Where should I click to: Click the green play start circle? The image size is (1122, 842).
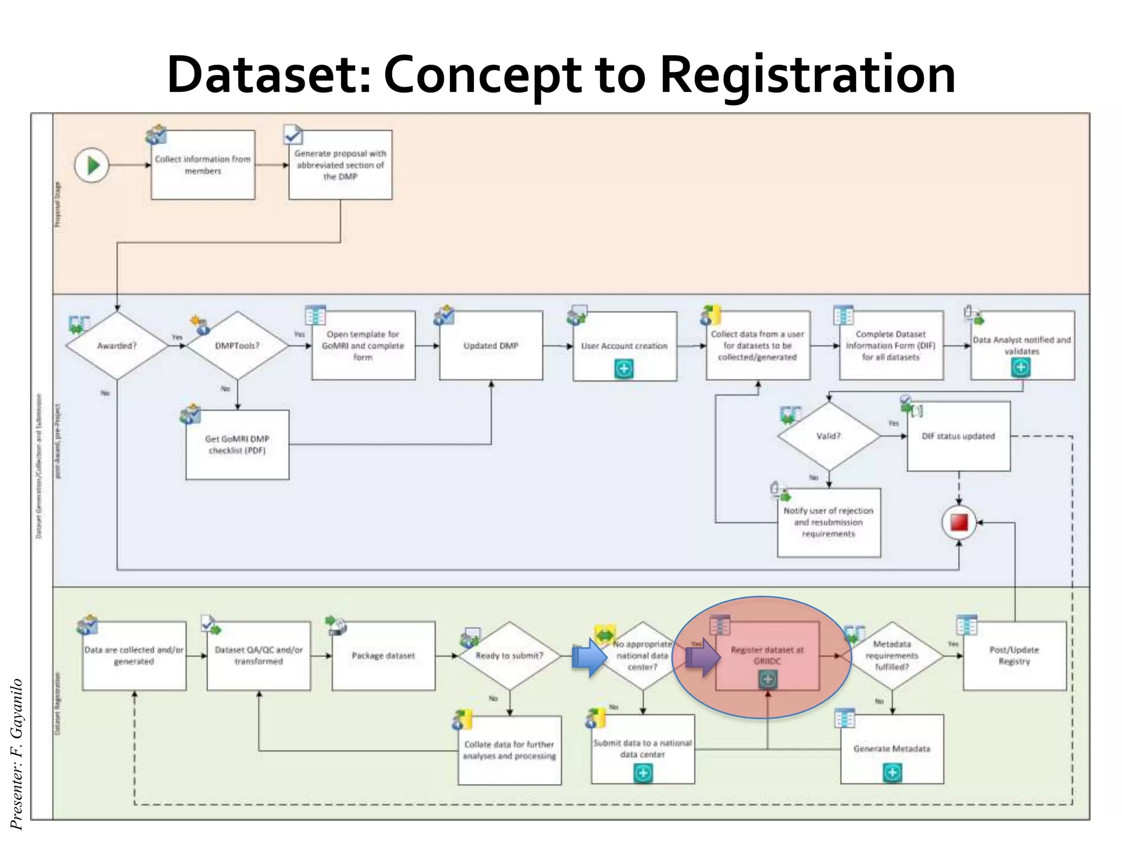92,165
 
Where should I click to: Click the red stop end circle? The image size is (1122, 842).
959,522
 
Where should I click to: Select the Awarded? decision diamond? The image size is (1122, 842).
117,345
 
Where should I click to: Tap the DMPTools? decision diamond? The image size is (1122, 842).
237,345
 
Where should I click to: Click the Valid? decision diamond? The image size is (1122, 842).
828,436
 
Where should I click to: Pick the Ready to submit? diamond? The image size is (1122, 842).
509,656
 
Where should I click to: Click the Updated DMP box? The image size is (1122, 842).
491,345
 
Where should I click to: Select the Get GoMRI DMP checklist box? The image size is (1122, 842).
237,445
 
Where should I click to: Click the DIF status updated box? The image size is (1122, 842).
958,436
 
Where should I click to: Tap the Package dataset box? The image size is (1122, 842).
383,656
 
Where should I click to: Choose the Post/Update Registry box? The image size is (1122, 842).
1014,656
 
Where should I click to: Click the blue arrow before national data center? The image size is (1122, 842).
589,657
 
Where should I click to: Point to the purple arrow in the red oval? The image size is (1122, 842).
703,657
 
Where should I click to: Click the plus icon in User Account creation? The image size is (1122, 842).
624,369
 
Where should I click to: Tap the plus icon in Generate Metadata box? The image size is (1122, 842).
892,773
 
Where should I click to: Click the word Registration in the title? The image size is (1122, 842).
808,75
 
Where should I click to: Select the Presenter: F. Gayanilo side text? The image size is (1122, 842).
16,754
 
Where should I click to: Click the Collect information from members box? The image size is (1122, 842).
203,165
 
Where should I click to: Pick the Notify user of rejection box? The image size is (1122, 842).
828,522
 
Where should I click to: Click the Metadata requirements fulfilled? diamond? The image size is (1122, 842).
892,656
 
